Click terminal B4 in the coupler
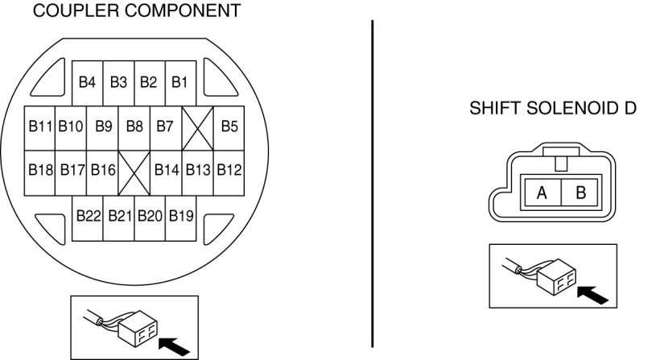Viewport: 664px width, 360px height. coord(88,82)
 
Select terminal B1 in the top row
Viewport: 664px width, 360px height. coord(179,82)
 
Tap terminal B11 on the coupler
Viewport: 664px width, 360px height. coord(40,126)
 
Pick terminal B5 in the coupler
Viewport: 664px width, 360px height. coord(229,126)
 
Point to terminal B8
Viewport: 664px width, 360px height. coord(134,126)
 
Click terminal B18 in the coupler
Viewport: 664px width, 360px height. coord(40,170)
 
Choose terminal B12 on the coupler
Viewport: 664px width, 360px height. coord(229,170)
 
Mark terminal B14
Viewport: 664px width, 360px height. coord(167,170)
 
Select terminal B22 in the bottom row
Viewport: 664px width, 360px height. coord(88,216)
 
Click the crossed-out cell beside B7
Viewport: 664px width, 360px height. coord(197,127)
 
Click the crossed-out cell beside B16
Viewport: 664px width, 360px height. coord(134,172)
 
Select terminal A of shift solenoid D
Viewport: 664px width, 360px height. coord(542,193)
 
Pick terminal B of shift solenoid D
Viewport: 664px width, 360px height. coord(580,193)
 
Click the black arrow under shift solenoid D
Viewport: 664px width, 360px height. coord(593,291)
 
